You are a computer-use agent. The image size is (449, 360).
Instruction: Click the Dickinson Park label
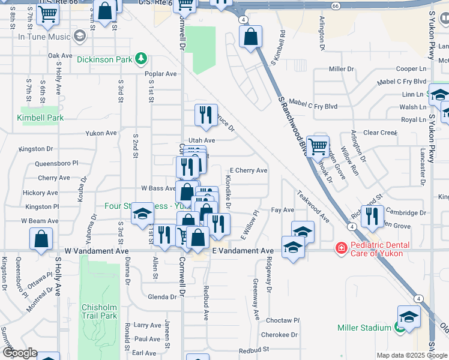(x=105, y=59)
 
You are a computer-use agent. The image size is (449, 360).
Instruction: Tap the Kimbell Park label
(x=40, y=118)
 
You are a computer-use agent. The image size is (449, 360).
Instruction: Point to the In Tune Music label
(x=45, y=37)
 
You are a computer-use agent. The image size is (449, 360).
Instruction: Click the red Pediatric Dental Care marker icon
(x=341, y=247)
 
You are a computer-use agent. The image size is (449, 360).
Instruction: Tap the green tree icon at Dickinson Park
(x=141, y=58)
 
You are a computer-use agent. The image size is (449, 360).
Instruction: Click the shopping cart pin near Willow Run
(x=318, y=145)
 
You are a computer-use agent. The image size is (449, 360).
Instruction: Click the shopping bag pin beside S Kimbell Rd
(x=250, y=37)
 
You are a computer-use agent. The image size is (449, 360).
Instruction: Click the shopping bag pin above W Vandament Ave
(x=40, y=238)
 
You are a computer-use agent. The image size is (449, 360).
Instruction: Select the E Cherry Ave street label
(x=248, y=170)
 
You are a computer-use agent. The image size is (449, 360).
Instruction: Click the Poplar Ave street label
(x=161, y=74)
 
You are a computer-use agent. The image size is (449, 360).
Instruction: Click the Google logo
(x=20, y=353)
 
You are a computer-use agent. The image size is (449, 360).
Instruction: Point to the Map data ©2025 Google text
(x=412, y=355)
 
